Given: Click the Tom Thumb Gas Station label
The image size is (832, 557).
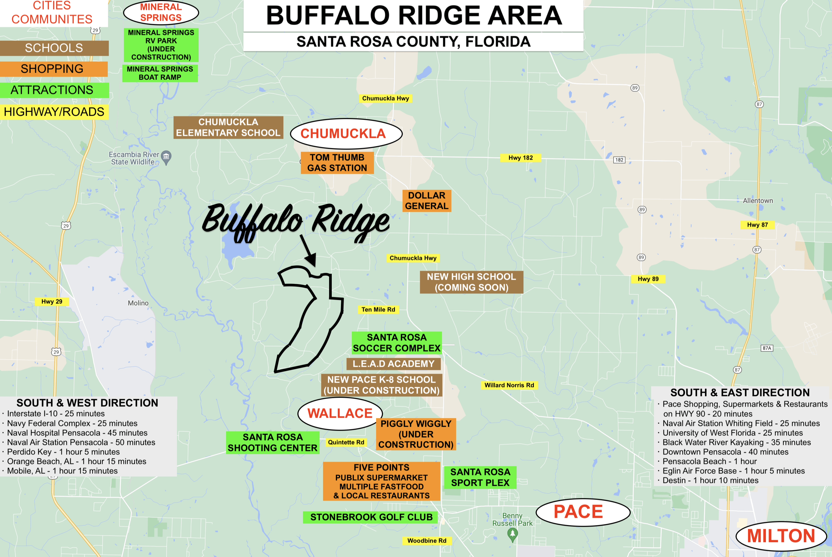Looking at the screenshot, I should [337, 163].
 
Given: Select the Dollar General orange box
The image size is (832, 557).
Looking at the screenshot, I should [427, 201].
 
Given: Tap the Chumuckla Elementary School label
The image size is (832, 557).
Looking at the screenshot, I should [228, 128].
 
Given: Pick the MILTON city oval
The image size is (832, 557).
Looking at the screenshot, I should [781, 536].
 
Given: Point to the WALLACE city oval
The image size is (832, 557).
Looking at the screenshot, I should [340, 413].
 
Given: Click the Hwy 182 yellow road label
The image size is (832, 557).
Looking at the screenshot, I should [520, 158].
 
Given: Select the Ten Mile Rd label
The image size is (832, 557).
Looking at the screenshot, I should [378, 309].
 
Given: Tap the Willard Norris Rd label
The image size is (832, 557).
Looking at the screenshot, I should [509, 385].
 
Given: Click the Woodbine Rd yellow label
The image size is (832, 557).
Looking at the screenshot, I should [427, 541].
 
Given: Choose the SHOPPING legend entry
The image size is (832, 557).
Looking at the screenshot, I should [53, 69].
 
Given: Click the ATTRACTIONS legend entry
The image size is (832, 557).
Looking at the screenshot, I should [53, 90].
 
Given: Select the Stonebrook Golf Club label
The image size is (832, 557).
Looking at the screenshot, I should [371, 517].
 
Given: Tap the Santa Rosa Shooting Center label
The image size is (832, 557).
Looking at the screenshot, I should [273, 443].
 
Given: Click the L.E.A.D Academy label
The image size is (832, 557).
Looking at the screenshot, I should [394, 364].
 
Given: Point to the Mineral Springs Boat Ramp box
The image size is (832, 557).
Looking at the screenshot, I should [160, 73].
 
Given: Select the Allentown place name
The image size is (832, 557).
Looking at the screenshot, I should [758, 201].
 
